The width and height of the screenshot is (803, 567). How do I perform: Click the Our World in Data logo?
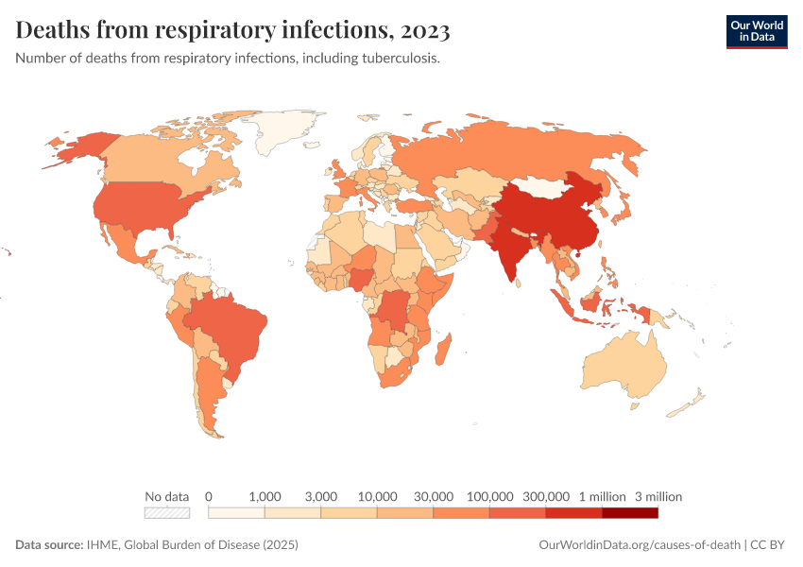coord(756,30)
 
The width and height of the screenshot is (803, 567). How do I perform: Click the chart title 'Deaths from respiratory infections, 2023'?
coord(232,30)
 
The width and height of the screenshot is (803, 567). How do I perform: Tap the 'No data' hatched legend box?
coord(166,513)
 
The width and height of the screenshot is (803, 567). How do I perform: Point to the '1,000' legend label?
coord(265,496)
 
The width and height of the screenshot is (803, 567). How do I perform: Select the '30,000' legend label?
coord(434,496)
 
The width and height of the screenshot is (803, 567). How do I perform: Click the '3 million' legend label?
coord(658,496)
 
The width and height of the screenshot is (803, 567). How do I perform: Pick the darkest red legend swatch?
coord(629,513)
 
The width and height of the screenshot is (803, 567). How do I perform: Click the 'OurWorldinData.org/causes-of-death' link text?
coord(639,545)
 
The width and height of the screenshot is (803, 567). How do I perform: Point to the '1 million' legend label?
coord(602,496)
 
